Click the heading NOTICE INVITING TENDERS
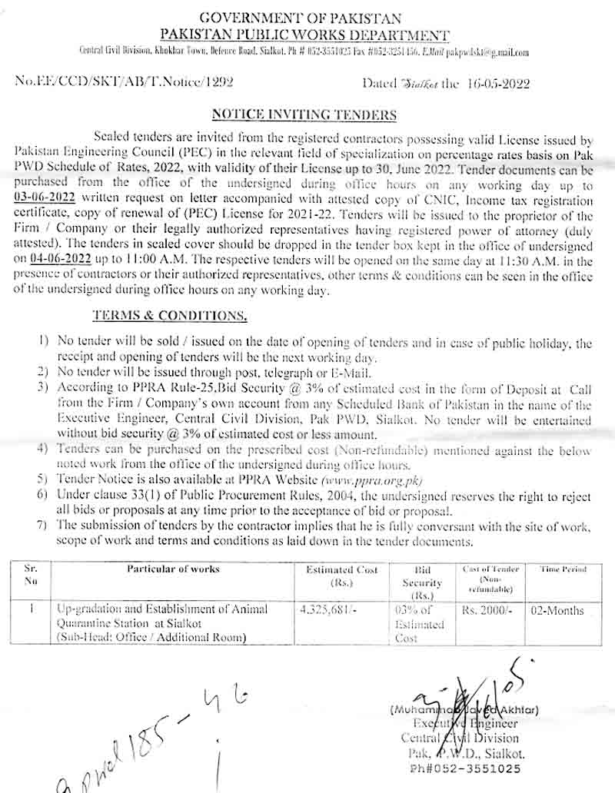(x=304, y=115)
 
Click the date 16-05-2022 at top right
(x=497, y=85)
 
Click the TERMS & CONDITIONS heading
(x=170, y=316)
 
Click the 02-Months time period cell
(x=561, y=610)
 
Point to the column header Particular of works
(x=173, y=569)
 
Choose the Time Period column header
(x=563, y=569)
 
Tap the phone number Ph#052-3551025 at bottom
(x=465, y=768)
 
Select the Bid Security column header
(x=422, y=582)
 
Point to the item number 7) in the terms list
(x=42, y=526)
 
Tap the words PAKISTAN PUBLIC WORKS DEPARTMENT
(x=304, y=35)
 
